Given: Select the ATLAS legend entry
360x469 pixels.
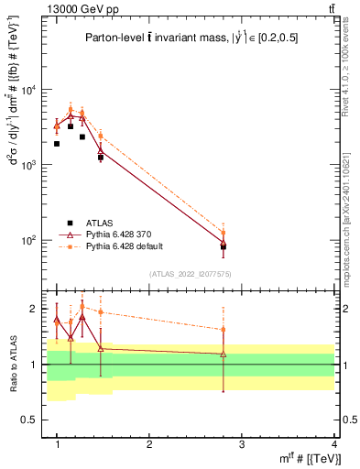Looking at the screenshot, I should click(102, 222).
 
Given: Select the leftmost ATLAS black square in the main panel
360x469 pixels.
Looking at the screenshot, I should click(57, 144).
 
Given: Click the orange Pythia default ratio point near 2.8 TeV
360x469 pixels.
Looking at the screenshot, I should click(223, 330).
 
